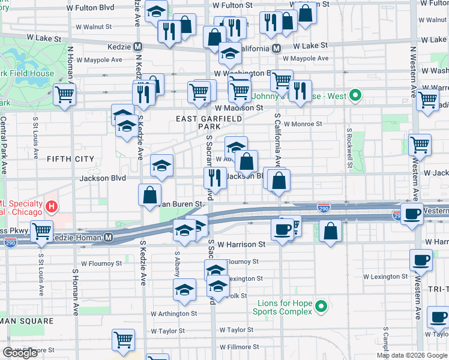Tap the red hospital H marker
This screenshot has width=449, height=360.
coord(52,208)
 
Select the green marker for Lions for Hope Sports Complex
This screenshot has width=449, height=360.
coord(321,307)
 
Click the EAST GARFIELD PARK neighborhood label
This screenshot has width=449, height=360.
coord(209,122)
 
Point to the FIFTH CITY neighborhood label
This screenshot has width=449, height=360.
coord(70,159)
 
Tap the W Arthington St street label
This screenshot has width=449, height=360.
coord(173,313)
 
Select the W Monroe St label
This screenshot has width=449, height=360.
coord(303,124)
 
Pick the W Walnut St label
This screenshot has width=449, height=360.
coord(94,27)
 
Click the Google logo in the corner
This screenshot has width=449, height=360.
coord(20,353)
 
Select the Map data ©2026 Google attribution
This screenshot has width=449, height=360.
coord(412,355)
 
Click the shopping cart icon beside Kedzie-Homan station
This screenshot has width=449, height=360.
coord(41,230)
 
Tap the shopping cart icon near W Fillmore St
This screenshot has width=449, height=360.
coord(123,340)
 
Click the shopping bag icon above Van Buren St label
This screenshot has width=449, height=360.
coord(149,194)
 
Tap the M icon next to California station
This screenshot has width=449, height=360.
coord(277,48)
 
